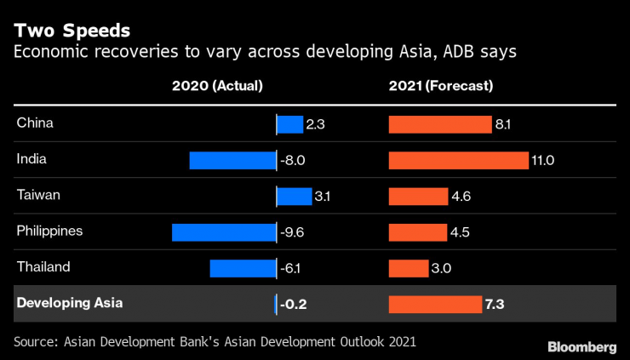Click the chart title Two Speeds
click(x=72, y=31)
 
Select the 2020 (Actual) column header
click(x=217, y=86)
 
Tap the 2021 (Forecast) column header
click(x=441, y=86)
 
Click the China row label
click(x=35, y=123)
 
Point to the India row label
click(x=31, y=159)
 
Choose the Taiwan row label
click(x=38, y=195)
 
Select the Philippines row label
click(x=49, y=231)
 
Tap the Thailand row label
click(x=43, y=267)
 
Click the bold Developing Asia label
click(x=69, y=303)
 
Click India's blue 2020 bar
click(x=232, y=160)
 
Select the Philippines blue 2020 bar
click(x=224, y=231)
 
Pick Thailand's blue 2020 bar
click(x=243, y=268)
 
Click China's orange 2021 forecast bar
click(x=439, y=124)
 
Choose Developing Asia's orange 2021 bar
click(x=435, y=304)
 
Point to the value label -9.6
click(x=293, y=231)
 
